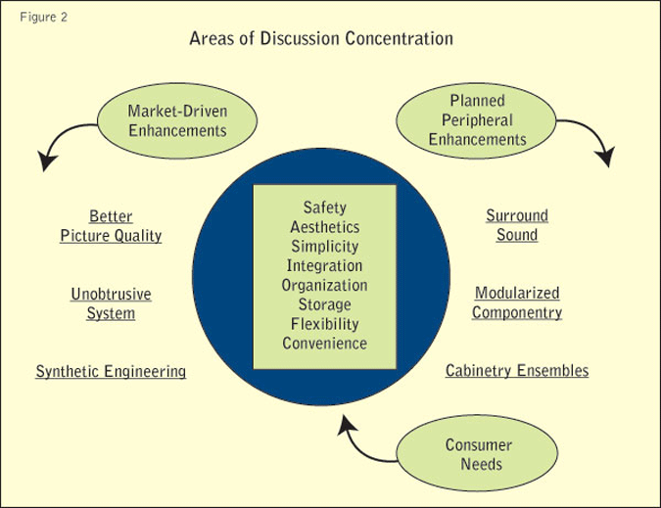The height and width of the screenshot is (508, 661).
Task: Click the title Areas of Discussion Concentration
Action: [x=321, y=41]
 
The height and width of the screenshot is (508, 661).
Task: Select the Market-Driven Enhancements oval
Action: [x=177, y=120]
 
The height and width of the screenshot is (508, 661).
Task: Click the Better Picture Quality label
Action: [x=111, y=226]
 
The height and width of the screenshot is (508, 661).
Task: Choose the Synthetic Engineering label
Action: [x=111, y=372]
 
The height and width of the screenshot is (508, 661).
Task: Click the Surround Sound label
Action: [x=516, y=225]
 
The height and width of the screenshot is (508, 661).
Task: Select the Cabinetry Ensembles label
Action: [x=517, y=371]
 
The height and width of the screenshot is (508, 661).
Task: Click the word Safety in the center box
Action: [x=324, y=208]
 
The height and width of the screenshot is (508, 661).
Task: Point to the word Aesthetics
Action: [x=324, y=227]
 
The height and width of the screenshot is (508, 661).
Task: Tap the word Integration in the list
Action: [x=324, y=265]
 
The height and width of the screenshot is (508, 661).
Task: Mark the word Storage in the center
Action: [x=324, y=304]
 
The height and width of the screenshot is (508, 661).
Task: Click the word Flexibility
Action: [x=324, y=324]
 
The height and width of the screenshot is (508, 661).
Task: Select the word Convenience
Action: [x=324, y=343]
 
